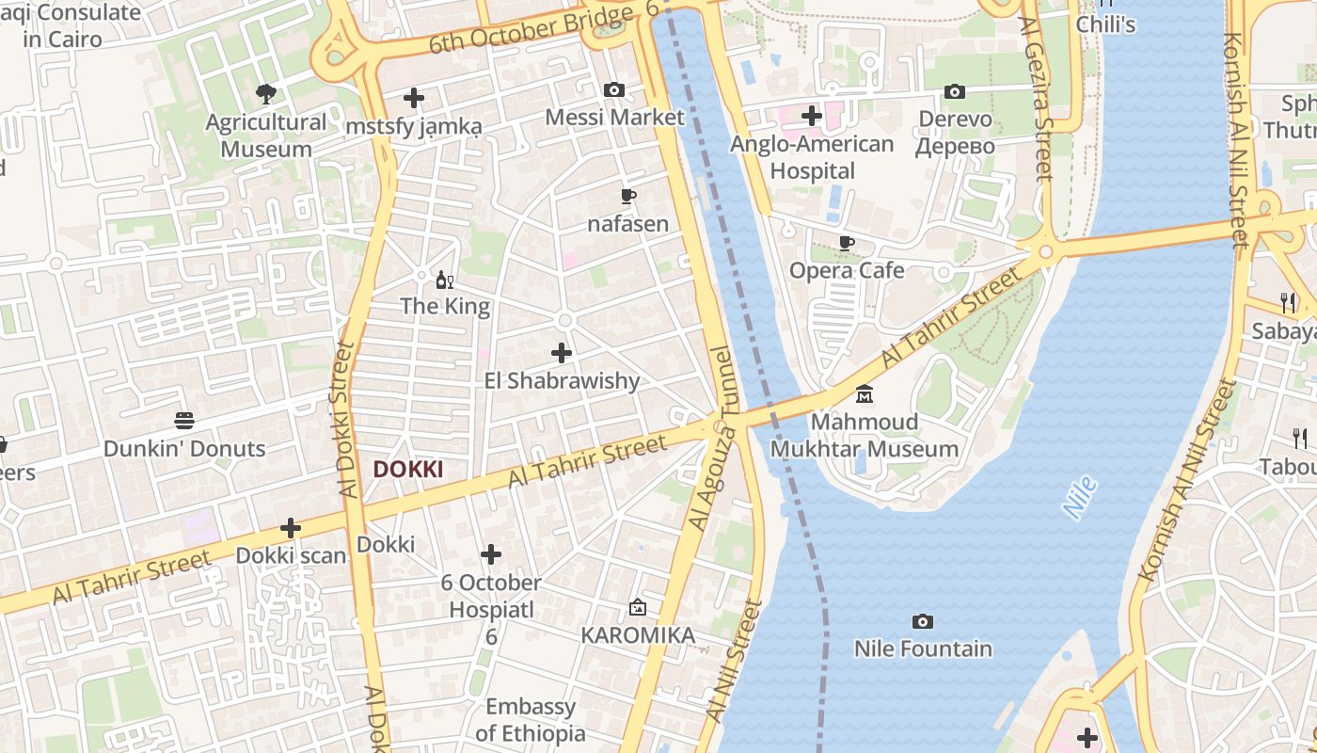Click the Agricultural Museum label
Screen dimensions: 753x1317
click(266, 136)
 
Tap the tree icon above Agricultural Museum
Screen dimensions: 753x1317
click(266, 93)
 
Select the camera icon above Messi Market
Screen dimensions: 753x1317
click(614, 89)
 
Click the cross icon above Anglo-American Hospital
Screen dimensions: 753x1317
click(812, 116)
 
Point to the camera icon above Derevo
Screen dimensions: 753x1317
click(955, 91)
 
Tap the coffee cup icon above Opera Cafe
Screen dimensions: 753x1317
click(847, 243)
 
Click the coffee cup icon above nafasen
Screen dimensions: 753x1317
click(628, 197)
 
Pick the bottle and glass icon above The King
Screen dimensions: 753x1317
click(445, 280)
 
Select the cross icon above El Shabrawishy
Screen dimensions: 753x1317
click(562, 353)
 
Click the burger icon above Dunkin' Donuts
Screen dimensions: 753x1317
click(184, 421)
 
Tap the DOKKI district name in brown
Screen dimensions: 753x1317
click(407, 469)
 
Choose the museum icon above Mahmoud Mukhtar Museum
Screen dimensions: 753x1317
click(865, 393)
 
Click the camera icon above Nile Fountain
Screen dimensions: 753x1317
click(923, 621)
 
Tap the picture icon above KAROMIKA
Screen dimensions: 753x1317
click(638, 607)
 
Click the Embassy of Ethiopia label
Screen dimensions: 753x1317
click(530, 720)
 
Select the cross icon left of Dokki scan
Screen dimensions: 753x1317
click(291, 528)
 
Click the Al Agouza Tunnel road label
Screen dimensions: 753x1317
click(710, 438)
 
